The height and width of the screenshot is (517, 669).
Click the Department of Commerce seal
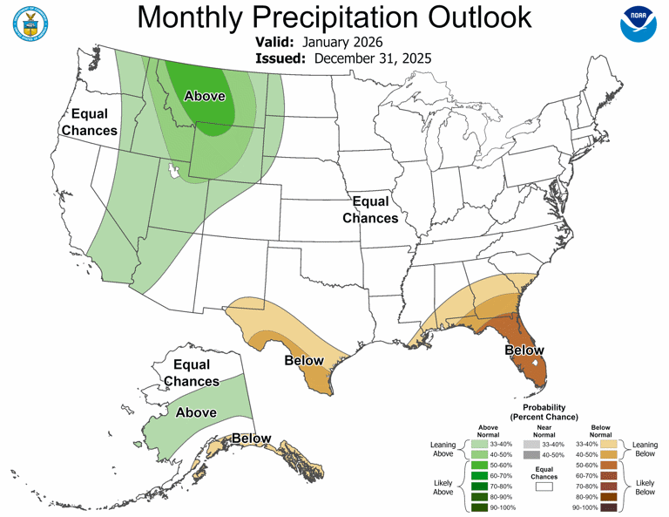(31, 24)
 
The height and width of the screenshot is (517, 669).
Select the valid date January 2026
(341, 41)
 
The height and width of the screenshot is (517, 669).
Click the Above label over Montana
(203, 96)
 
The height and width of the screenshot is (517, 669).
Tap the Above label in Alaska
(196, 412)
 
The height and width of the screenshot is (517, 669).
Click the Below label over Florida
(524, 350)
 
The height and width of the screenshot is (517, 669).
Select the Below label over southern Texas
(304, 360)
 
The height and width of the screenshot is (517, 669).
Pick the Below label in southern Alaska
(251, 438)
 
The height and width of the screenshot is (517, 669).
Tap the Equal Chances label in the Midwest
(370, 210)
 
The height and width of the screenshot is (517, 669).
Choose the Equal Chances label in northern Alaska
(192, 373)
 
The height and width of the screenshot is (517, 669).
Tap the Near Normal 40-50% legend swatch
(531, 454)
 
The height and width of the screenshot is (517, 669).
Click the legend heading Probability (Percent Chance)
(544, 412)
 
